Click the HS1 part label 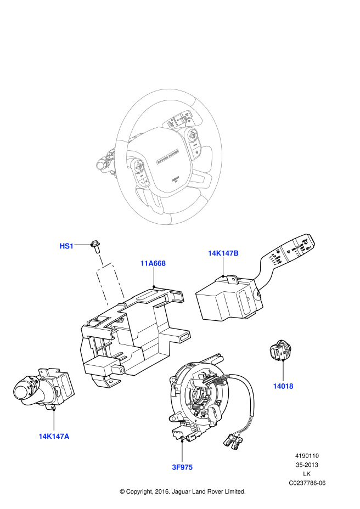pyautogui.click(x=66, y=246)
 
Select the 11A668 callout pyautogui.click(x=153, y=263)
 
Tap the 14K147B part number pyautogui.click(x=223, y=253)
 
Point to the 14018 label pyautogui.click(x=283, y=386)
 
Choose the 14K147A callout pyautogui.click(x=54, y=437)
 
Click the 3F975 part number pyautogui.click(x=182, y=467)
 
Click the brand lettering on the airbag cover pyautogui.click(x=167, y=156)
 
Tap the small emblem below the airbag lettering pyautogui.click(x=176, y=178)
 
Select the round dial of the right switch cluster pyautogui.click(x=193, y=135)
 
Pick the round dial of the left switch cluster pyautogui.click(x=139, y=165)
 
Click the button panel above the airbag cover pyautogui.click(x=179, y=119)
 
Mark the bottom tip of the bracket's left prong pyautogui.click(x=107, y=303)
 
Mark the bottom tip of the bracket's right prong pyautogui.click(x=123, y=296)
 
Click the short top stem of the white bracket pyautogui.click(x=101, y=260)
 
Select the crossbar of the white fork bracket pyautogui.click(x=104, y=267)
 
